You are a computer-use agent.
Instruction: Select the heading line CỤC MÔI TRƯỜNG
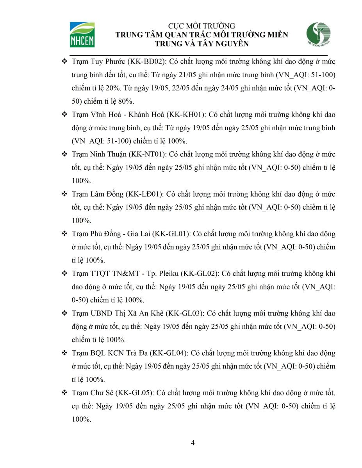coord(202,26)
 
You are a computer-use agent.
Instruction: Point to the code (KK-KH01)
coord(186,115)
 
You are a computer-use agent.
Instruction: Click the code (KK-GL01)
coord(171,234)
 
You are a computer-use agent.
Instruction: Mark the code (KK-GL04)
coord(170,353)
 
